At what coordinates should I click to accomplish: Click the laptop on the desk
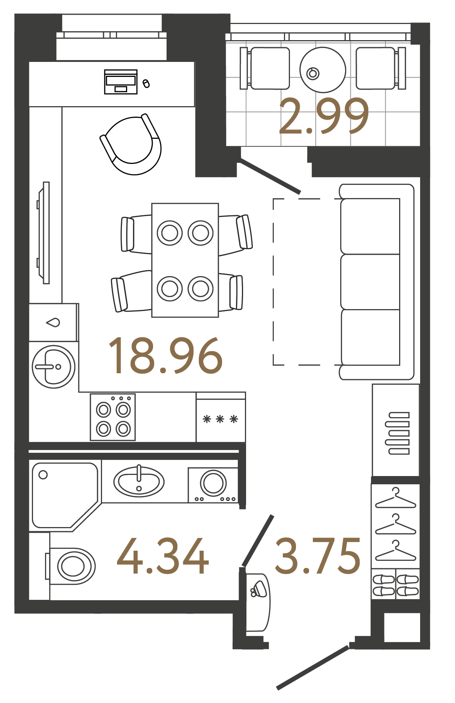tap(120, 81)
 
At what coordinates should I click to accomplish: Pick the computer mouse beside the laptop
tap(146, 83)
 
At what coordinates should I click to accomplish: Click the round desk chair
tap(132, 144)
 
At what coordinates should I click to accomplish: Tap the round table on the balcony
tap(323, 70)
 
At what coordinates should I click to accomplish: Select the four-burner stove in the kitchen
tap(113, 417)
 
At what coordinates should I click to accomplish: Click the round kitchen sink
tap(54, 367)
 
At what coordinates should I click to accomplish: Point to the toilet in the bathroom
tap(71, 566)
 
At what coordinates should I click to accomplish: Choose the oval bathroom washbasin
tap(139, 482)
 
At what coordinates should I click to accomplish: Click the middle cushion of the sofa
tap(370, 282)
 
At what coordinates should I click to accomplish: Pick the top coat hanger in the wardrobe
tap(396, 499)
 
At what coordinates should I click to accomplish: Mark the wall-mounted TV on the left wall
tap(45, 233)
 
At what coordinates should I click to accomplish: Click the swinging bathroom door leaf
tap(258, 540)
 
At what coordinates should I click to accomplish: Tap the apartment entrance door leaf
tap(313, 667)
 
